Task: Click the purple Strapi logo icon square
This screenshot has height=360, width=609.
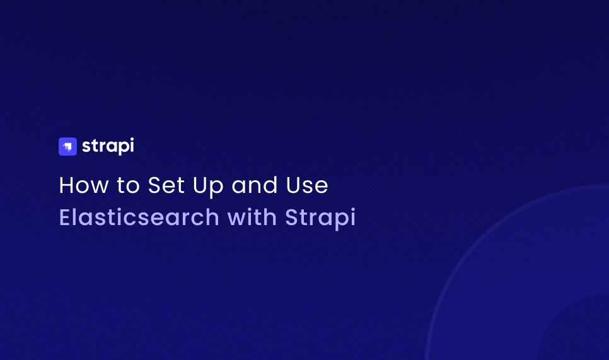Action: tap(67, 146)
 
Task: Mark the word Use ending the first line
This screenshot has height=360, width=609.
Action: tap(308, 185)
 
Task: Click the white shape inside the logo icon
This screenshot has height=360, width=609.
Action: tap(68, 147)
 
